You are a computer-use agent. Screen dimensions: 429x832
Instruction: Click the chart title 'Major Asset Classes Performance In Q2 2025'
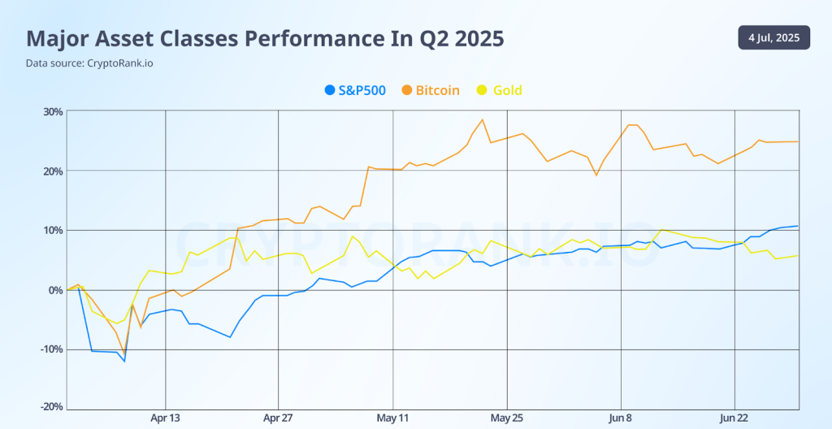(265, 38)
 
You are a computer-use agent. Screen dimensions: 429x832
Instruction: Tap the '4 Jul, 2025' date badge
(773, 37)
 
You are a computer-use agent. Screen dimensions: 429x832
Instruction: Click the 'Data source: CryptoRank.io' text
(89, 63)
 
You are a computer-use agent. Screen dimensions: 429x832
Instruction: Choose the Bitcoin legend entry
(431, 90)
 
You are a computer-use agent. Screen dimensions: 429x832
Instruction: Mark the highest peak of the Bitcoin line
(483, 119)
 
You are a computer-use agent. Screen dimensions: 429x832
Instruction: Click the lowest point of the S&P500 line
(124, 361)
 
